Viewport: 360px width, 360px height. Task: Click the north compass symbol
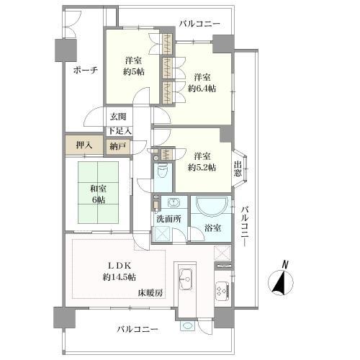[281, 280]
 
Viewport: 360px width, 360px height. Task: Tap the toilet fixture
[163, 171]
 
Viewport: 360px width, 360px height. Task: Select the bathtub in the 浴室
[211, 205]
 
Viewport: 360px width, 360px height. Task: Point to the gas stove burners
[222, 291]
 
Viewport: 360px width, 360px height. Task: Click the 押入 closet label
[84, 145]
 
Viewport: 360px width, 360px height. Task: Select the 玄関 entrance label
[118, 117]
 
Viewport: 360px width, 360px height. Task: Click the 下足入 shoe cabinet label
[120, 131]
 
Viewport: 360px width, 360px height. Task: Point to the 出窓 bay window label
[238, 169]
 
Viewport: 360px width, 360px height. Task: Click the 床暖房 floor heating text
[150, 293]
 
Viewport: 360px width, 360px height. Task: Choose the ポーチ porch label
[86, 71]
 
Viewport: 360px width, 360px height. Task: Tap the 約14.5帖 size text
[120, 277]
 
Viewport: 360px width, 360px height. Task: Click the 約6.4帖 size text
[202, 89]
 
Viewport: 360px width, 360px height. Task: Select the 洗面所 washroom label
[168, 219]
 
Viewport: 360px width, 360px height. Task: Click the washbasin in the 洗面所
[174, 203]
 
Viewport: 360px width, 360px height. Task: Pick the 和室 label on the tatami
[98, 189]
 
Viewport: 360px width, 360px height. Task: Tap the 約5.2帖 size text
[202, 168]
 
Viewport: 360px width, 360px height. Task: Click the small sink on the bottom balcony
[188, 325]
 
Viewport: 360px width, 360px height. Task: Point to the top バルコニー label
[199, 24]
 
